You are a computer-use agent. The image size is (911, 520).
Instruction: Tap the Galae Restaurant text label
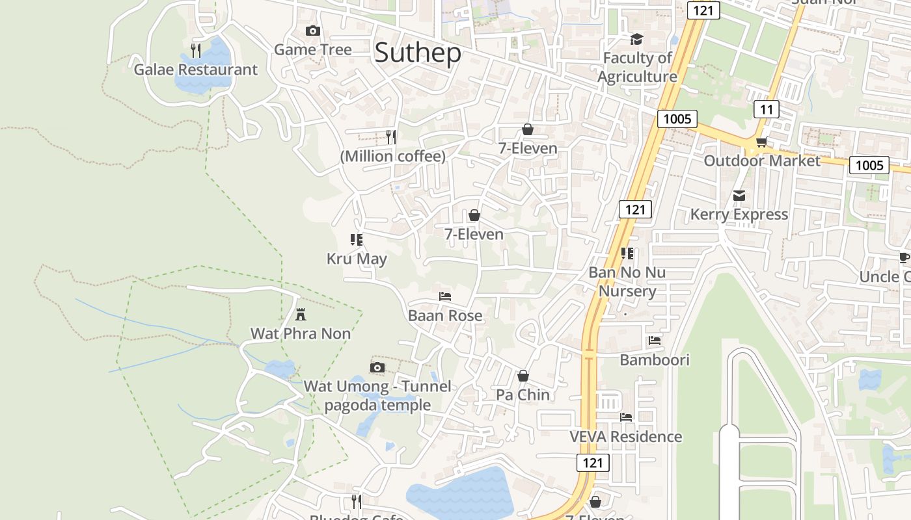tap(195, 70)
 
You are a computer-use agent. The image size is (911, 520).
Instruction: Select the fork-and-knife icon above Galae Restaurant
tap(195, 50)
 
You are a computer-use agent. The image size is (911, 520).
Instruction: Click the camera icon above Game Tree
tap(312, 31)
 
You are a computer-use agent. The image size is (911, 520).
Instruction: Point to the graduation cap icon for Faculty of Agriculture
tap(636, 40)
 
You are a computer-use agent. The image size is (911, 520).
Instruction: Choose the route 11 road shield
tap(766, 109)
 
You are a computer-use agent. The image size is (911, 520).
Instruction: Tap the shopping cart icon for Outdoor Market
tap(761, 142)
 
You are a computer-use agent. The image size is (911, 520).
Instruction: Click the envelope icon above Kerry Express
tap(739, 196)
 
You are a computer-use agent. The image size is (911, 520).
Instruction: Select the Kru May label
tap(357, 259)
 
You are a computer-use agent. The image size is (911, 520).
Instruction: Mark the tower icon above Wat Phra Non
tap(301, 315)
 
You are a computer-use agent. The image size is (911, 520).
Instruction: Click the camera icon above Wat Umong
tap(377, 368)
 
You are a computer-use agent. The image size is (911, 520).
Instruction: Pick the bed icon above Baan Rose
tap(445, 296)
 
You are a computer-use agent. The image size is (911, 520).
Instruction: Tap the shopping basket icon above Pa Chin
tap(523, 376)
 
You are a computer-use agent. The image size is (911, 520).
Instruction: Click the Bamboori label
tap(654, 359)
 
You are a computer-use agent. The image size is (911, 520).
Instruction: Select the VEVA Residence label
tap(625, 436)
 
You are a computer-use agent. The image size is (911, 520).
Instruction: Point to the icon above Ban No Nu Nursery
tap(627, 253)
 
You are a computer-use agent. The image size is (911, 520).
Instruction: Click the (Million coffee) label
tap(393, 156)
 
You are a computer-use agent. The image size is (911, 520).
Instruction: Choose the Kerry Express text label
tap(739, 214)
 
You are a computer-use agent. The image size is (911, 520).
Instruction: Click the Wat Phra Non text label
tap(301, 333)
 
